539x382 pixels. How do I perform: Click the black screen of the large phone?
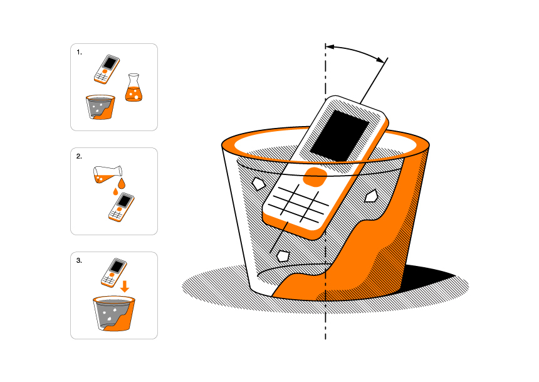[340, 135]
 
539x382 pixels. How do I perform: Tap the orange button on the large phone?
[315, 178]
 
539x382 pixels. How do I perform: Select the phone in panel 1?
[107, 69]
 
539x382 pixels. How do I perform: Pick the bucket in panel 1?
[100, 107]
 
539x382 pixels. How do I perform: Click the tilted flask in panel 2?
[108, 174]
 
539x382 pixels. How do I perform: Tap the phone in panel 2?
[122, 207]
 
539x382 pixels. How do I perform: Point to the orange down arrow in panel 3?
[125, 286]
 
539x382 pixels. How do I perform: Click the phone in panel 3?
[114, 273]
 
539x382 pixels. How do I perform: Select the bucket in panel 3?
[114, 314]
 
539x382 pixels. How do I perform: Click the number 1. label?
[79, 52]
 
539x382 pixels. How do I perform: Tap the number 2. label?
[79, 157]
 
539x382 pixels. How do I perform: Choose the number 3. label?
[79, 261]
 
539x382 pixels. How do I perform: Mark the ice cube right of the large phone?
[371, 196]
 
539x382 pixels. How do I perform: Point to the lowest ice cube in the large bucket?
[283, 256]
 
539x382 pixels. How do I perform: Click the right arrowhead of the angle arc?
[380, 60]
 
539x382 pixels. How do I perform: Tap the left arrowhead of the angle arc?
[330, 46]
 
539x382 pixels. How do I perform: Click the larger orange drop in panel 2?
[122, 183]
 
